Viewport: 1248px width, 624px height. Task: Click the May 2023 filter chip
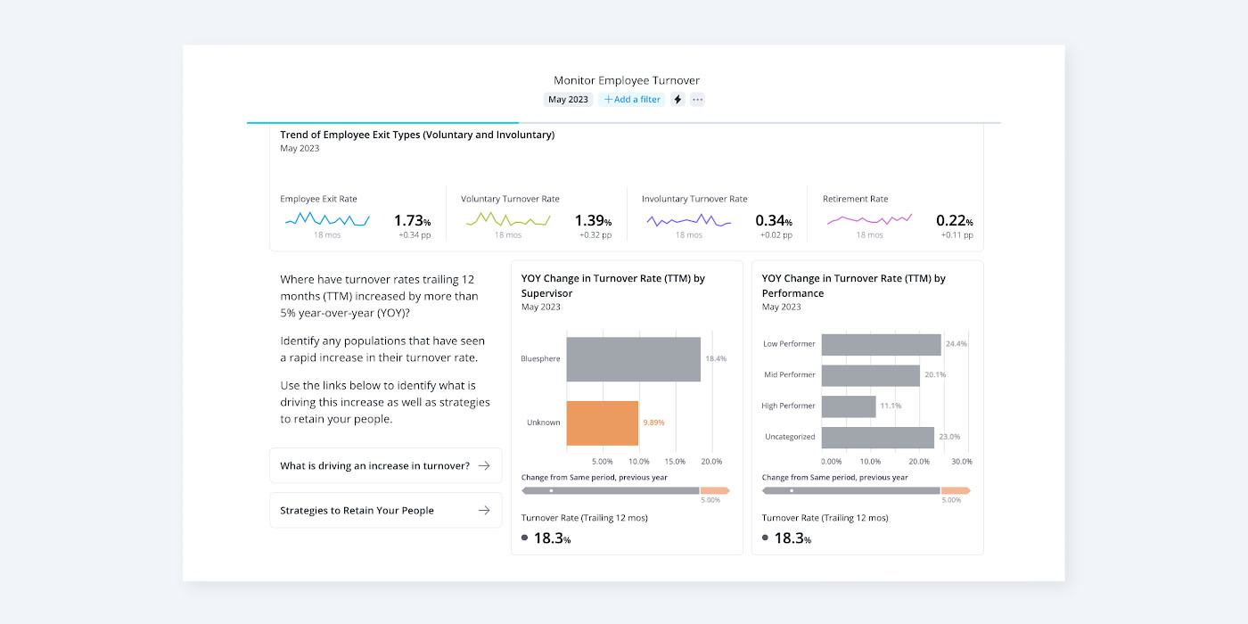pos(568,100)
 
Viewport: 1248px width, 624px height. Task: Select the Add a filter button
pos(632,100)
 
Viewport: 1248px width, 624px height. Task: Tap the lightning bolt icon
pos(677,100)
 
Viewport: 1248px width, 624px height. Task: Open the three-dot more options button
pos(698,100)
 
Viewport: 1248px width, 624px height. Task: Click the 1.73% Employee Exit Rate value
pos(412,220)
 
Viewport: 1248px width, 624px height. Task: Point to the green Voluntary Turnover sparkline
pos(508,219)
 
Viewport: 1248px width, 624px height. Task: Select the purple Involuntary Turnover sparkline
pos(689,220)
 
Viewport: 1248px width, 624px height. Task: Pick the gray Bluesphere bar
pos(633,359)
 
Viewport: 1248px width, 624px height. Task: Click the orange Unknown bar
pos(602,423)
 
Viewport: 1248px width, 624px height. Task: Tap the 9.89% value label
pos(653,423)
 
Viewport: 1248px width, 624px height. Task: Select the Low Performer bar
pos(881,344)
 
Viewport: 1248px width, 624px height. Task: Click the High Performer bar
pos(848,406)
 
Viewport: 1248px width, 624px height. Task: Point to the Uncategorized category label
pos(790,437)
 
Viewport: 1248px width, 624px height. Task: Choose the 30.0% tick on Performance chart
pos(962,462)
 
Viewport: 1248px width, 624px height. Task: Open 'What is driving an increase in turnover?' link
pos(385,465)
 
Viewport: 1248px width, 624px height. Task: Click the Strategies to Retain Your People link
pos(385,511)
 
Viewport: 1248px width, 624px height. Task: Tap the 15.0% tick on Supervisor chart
pos(675,462)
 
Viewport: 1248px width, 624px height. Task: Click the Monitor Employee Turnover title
pos(627,80)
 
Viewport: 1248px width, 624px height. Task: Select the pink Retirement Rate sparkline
pos(869,219)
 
